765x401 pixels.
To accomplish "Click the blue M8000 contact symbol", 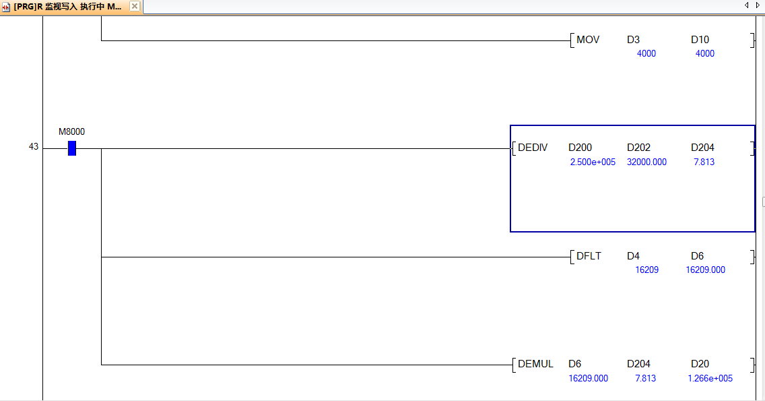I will pyautogui.click(x=72, y=148).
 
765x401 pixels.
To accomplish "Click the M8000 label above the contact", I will pyautogui.click(x=72, y=131).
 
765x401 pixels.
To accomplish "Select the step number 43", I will pyautogui.click(x=34, y=146).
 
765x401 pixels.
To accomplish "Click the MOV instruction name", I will pyautogui.click(x=588, y=40).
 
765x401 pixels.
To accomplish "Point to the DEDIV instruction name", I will pyautogui.click(x=533, y=148).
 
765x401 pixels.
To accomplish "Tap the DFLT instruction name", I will pyautogui.click(x=589, y=256).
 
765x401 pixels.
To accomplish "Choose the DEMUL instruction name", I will pyautogui.click(x=535, y=364).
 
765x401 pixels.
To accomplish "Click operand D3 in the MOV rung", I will pyautogui.click(x=633, y=40).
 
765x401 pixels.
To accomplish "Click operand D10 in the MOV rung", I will pyautogui.click(x=700, y=40).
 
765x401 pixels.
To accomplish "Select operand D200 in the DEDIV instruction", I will pyautogui.click(x=580, y=148).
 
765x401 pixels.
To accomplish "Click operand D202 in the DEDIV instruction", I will pyautogui.click(x=638, y=148).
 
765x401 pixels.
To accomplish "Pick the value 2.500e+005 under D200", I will pyautogui.click(x=593, y=162).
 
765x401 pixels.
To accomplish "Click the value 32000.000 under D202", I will pyautogui.click(x=646, y=162).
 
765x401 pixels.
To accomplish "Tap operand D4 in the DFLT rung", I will pyautogui.click(x=633, y=256).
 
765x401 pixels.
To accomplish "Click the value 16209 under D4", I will pyautogui.click(x=646, y=270).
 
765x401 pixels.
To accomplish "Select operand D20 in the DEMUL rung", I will pyautogui.click(x=700, y=364).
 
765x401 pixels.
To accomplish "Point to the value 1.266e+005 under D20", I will pyautogui.click(x=710, y=378).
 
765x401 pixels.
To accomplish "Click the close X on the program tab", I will pyautogui.click(x=135, y=6).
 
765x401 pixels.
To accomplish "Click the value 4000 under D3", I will pyautogui.click(x=646, y=53).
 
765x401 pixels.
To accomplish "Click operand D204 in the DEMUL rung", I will pyautogui.click(x=638, y=364).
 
